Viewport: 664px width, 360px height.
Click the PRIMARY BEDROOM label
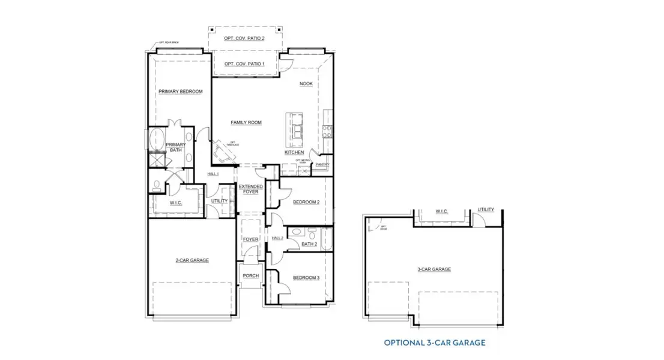click(180, 92)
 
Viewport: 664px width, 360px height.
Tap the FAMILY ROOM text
click(246, 122)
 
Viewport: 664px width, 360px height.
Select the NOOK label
click(306, 84)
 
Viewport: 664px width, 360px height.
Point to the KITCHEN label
click(294, 152)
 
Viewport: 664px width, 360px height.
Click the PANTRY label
click(322, 164)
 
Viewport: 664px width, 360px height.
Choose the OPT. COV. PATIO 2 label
click(244, 38)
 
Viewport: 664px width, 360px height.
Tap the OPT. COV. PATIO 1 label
click(244, 64)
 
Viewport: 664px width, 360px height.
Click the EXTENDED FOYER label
click(250, 190)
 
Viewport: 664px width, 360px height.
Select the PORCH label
click(250, 276)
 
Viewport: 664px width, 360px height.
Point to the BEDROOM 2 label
click(306, 202)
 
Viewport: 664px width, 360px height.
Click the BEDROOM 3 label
click(306, 278)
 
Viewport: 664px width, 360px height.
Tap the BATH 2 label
click(309, 244)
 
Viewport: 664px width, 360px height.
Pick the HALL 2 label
click(277, 238)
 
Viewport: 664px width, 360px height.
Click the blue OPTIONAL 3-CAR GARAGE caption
click(435, 343)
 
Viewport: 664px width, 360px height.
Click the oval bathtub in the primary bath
click(158, 140)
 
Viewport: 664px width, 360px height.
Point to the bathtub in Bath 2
click(326, 239)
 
